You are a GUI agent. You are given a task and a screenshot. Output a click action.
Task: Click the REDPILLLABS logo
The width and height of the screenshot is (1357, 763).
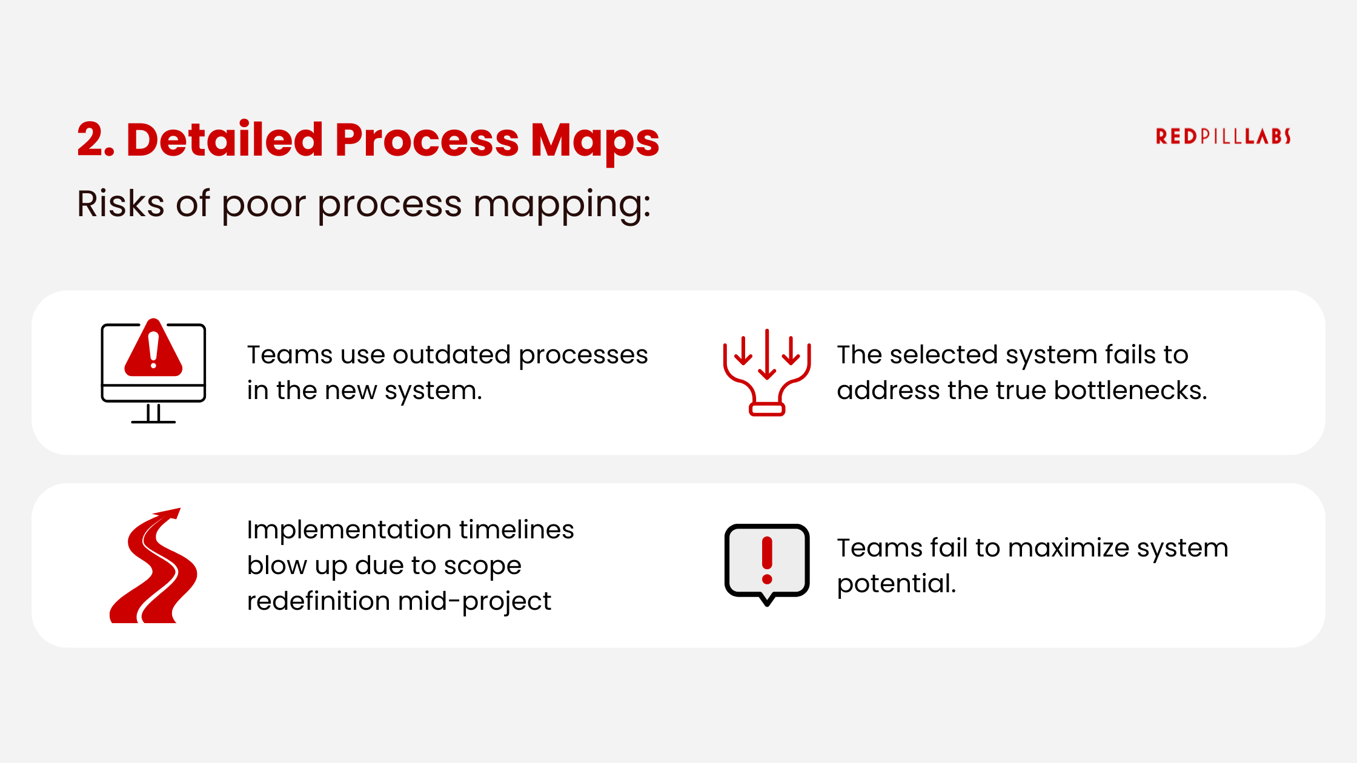coord(1223,136)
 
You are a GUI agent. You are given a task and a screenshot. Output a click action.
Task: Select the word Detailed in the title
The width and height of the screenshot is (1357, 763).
coord(224,140)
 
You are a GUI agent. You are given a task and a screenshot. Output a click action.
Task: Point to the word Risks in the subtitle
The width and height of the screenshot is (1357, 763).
coord(121,203)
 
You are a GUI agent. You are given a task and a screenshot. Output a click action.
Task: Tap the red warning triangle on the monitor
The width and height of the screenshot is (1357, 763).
coord(153,349)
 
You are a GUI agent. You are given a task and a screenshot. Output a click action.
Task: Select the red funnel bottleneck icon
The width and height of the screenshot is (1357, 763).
coord(766,372)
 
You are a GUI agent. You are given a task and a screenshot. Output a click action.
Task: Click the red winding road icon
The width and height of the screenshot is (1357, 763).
coord(153,566)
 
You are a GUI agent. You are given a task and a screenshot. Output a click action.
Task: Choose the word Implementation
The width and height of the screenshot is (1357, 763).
coord(348,530)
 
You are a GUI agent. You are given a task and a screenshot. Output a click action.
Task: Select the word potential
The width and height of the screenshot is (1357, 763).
coord(896,584)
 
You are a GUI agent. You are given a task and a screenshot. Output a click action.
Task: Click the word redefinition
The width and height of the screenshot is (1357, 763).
coord(318,601)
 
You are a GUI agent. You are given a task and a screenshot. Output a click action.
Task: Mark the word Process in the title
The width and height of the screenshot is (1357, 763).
coord(426,140)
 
